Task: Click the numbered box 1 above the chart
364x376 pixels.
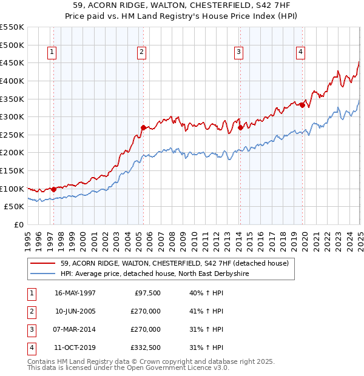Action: coord(52,53)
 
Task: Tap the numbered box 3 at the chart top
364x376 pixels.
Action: coord(239,53)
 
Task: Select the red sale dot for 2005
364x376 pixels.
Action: coord(143,128)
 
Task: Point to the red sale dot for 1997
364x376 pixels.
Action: coord(53,189)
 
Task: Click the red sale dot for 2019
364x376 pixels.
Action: coord(302,105)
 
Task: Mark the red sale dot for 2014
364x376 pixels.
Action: coord(240,128)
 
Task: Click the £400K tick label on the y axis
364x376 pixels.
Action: coord(12,81)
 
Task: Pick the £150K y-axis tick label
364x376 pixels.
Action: coord(12,170)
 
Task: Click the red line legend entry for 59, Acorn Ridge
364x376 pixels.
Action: coord(169,264)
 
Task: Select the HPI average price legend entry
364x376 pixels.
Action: coord(155,274)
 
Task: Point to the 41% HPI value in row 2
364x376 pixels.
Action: coord(206,311)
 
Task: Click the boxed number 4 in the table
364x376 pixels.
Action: coord(30,347)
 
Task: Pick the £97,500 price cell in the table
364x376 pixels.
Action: coord(147,293)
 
